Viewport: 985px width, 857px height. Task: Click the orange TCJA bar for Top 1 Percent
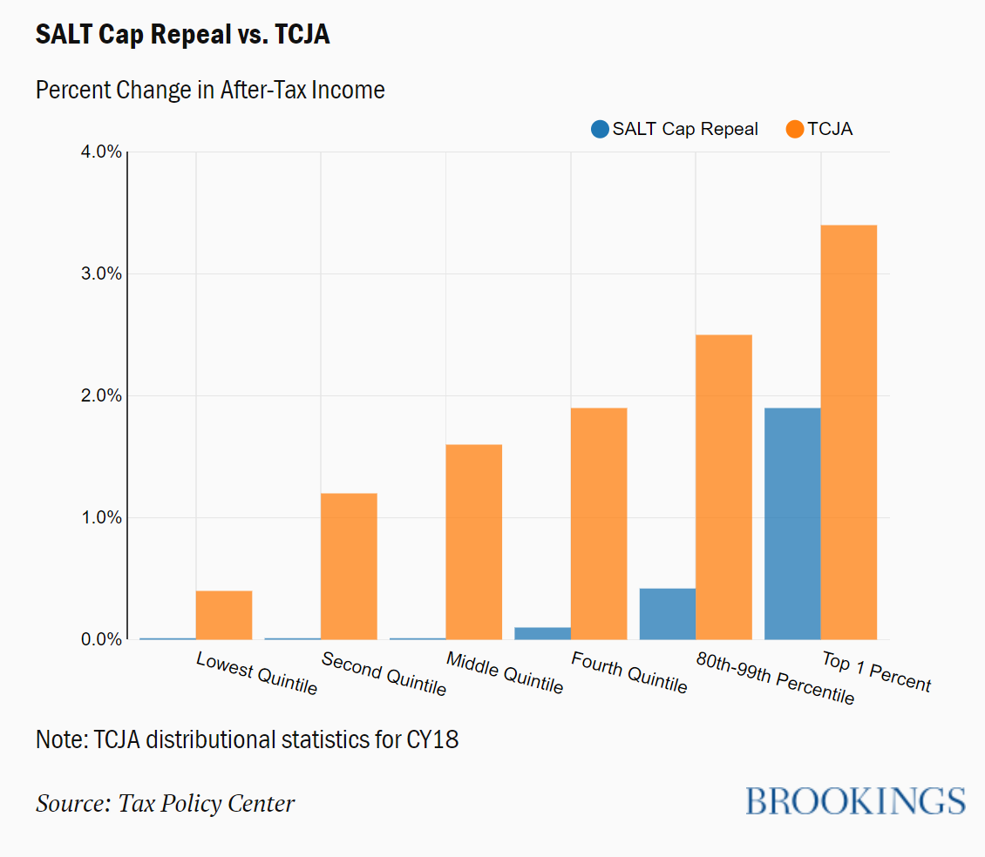click(848, 432)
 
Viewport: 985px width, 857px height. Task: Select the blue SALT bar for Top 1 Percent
click(792, 523)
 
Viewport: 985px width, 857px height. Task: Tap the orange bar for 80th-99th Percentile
click(723, 487)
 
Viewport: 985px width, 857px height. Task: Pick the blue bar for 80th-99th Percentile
click(668, 614)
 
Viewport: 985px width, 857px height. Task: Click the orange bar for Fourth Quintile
click(599, 523)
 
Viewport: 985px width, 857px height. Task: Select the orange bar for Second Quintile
click(349, 566)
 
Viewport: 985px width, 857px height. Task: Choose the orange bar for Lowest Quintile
click(224, 615)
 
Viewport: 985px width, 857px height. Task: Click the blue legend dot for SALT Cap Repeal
click(599, 129)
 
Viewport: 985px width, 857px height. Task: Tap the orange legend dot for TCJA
click(794, 129)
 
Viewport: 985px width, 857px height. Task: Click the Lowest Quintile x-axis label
click(256, 673)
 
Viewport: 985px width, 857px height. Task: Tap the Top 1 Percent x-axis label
click(876, 672)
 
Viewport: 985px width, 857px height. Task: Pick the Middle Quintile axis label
click(505, 672)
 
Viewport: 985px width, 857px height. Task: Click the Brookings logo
click(855, 800)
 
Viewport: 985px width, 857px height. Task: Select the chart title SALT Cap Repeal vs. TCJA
click(182, 35)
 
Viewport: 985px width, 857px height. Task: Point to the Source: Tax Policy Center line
click(165, 802)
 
